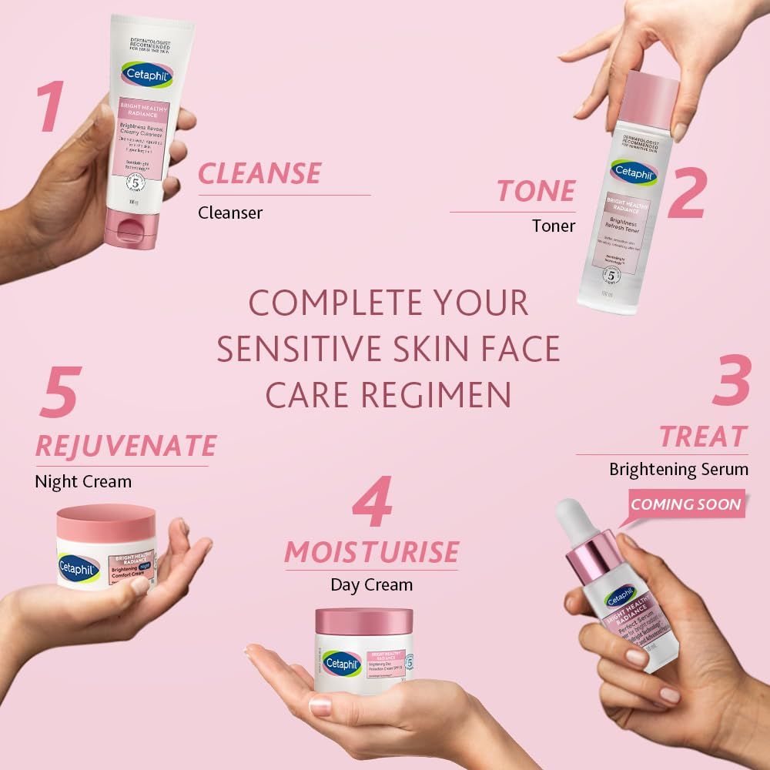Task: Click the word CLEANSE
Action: pos(259,173)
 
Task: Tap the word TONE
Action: pos(536,190)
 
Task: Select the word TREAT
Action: pos(702,437)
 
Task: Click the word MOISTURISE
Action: pos(371,551)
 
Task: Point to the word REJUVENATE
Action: pos(126,445)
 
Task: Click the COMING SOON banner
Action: pos(686,505)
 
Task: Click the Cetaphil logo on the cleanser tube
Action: pos(146,75)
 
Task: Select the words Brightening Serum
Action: pos(689,469)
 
